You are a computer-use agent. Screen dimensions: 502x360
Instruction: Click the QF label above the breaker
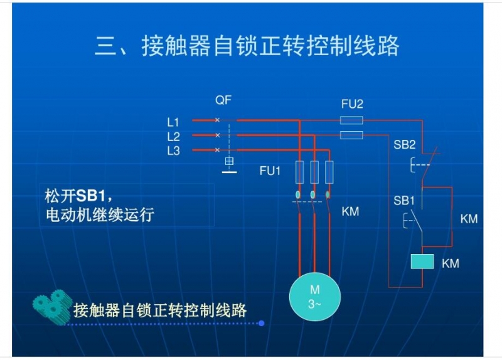(x=223, y=100)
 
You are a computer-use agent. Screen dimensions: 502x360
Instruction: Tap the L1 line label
(x=173, y=122)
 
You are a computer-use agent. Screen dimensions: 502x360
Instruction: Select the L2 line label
(x=173, y=137)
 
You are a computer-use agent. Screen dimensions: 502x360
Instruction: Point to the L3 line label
(x=173, y=151)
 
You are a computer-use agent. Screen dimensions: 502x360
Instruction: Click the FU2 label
(x=352, y=104)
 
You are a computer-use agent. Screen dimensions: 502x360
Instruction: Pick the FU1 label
(x=270, y=171)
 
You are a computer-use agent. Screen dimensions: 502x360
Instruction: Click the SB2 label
(x=404, y=145)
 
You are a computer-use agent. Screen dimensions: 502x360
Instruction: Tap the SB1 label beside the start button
(x=404, y=201)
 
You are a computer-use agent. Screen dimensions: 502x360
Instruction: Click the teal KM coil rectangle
(x=422, y=262)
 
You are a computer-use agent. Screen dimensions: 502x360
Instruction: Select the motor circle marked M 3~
(x=315, y=297)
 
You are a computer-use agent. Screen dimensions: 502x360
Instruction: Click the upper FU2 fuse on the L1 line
(x=351, y=120)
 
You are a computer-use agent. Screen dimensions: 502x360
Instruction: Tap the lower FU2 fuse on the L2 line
(x=351, y=135)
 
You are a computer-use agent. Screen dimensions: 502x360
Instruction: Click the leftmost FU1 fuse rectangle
(x=300, y=172)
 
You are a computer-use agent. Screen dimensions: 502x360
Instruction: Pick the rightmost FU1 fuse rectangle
(x=329, y=172)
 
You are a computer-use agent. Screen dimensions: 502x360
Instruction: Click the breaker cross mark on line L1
(x=217, y=120)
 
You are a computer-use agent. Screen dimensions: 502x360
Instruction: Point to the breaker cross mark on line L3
(x=217, y=150)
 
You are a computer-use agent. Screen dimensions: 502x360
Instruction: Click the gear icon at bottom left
(x=52, y=307)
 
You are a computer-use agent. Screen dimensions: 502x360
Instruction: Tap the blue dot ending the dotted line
(x=261, y=323)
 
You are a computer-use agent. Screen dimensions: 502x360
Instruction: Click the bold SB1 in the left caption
(x=90, y=196)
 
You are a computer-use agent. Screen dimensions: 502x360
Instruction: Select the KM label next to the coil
(x=451, y=263)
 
